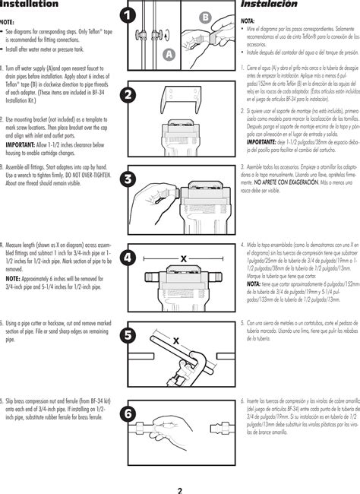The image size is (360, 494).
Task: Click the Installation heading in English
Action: (x=29, y=5)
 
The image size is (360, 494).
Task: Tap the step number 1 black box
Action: (x=128, y=14)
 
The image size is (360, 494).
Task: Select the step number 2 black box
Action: (x=128, y=94)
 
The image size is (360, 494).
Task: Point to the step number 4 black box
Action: (x=128, y=258)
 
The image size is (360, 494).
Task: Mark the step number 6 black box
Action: (x=128, y=413)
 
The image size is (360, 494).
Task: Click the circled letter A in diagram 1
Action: (x=169, y=53)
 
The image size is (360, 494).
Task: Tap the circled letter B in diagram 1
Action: (x=205, y=17)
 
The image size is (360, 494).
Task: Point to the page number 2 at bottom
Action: (x=180, y=469)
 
